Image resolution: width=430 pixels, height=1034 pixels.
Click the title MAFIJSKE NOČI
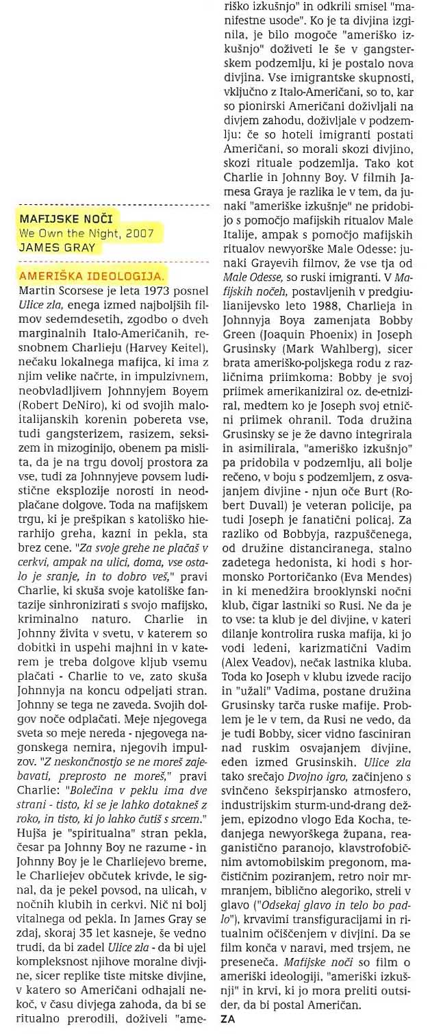pyautogui.click(x=66, y=219)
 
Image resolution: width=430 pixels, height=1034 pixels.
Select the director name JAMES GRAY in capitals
pyautogui.click(x=57, y=247)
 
